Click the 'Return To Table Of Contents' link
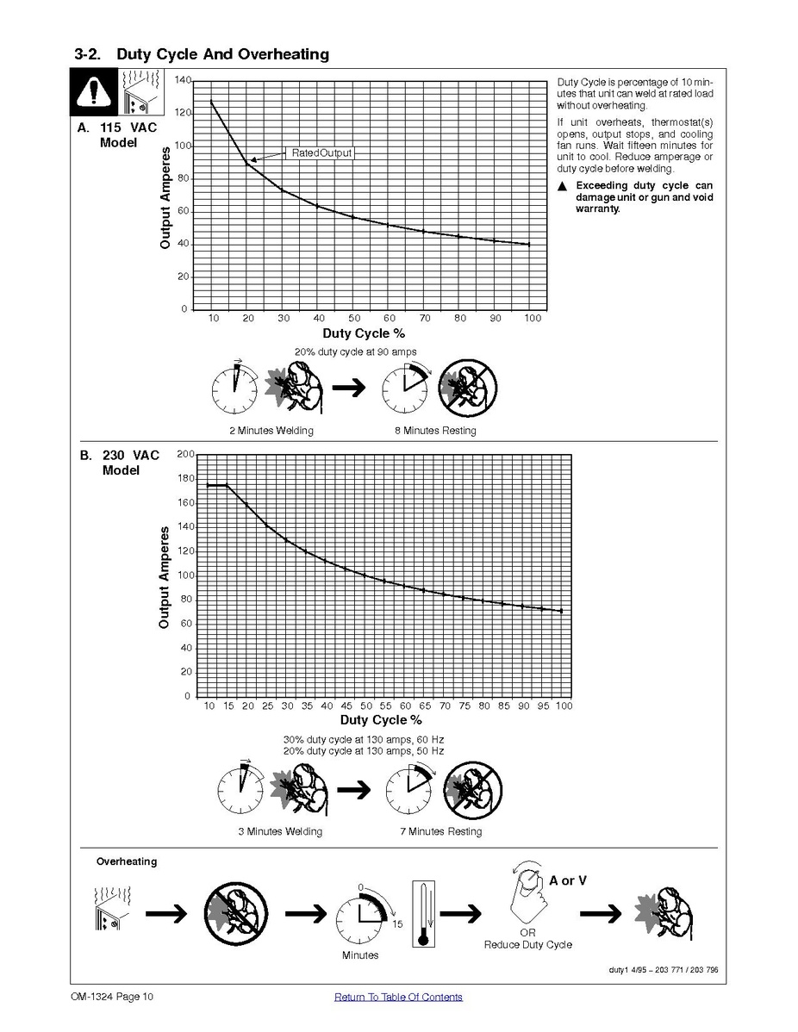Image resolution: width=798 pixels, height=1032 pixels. [x=398, y=997]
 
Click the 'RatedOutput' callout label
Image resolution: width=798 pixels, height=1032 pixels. [x=322, y=152]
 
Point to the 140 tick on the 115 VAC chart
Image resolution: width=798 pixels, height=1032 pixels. [x=183, y=80]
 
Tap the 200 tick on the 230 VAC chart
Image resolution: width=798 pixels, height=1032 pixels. [x=185, y=454]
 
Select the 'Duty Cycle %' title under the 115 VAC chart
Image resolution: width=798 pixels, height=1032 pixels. [x=364, y=333]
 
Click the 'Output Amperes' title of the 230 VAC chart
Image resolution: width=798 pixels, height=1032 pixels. [x=164, y=577]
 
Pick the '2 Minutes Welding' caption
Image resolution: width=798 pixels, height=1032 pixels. [x=271, y=431]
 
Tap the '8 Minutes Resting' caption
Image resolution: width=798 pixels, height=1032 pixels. [x=435, y=431]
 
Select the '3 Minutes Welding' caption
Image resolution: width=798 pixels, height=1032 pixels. [x=280, y=831]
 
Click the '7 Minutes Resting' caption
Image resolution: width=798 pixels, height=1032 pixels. [x=441, y=831]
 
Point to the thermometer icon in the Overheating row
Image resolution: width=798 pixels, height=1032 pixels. [x=423, y=914]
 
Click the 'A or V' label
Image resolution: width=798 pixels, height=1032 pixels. [x=568, y=880]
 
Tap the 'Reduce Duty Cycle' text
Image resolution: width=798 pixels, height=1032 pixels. [x=528, y=944]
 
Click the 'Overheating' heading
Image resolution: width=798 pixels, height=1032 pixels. [x=127, y=861]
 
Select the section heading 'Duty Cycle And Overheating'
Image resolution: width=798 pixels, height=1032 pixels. [x=222, y=54]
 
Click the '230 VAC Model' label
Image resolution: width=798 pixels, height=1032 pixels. [x=130, y=463]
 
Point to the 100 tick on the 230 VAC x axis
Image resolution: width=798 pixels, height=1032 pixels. [x=564, y=706]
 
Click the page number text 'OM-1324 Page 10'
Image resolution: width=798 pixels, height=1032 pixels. [x=112, y=997]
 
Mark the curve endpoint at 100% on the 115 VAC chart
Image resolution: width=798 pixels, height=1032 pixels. [x=529, y=244]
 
